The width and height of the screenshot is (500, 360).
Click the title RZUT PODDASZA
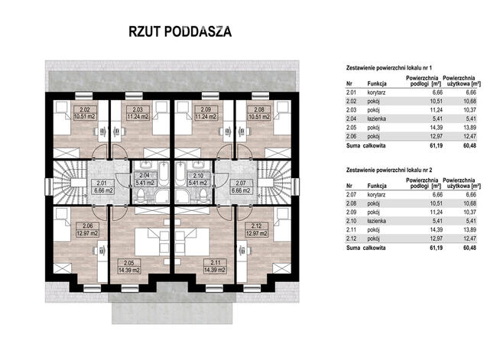coord(180,31)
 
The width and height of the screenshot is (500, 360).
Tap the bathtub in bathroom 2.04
coord(164,174)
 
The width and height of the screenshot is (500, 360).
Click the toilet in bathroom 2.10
coord(203,195)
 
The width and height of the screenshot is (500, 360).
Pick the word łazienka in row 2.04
coord(377,118)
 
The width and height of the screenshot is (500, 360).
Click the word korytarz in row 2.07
coord(376,194)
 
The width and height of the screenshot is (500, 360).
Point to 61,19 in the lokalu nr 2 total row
coord(436,248)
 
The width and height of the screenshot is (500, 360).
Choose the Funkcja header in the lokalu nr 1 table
coord(377,83)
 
